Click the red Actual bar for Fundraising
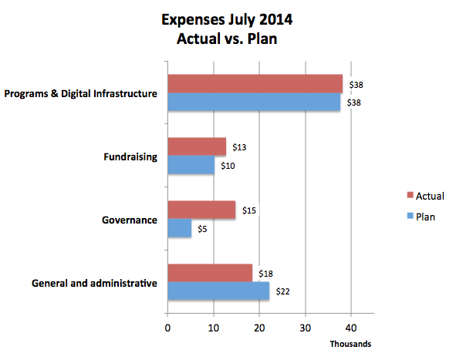click(197, 146)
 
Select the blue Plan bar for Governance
click(180, 228)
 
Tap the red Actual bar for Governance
click(201, 210)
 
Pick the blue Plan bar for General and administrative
click(218, 291)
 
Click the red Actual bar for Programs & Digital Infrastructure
click(255, 84)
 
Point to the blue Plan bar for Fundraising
click(191, 165)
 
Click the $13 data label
click(239, 147)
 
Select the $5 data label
click(202, 229)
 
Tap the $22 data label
click(282, 291)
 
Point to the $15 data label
click(249, 210)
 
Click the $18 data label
click(265, 274)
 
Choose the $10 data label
click(228, 166)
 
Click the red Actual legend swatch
click(410, 195)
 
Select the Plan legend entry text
click(425, 217)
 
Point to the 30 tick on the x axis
click(306, 328)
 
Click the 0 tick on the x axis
click(167, 328)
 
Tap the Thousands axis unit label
click(350, 344)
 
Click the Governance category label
click(130, 220)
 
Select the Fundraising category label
click(130, 157)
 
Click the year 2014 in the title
click(275, 20)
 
